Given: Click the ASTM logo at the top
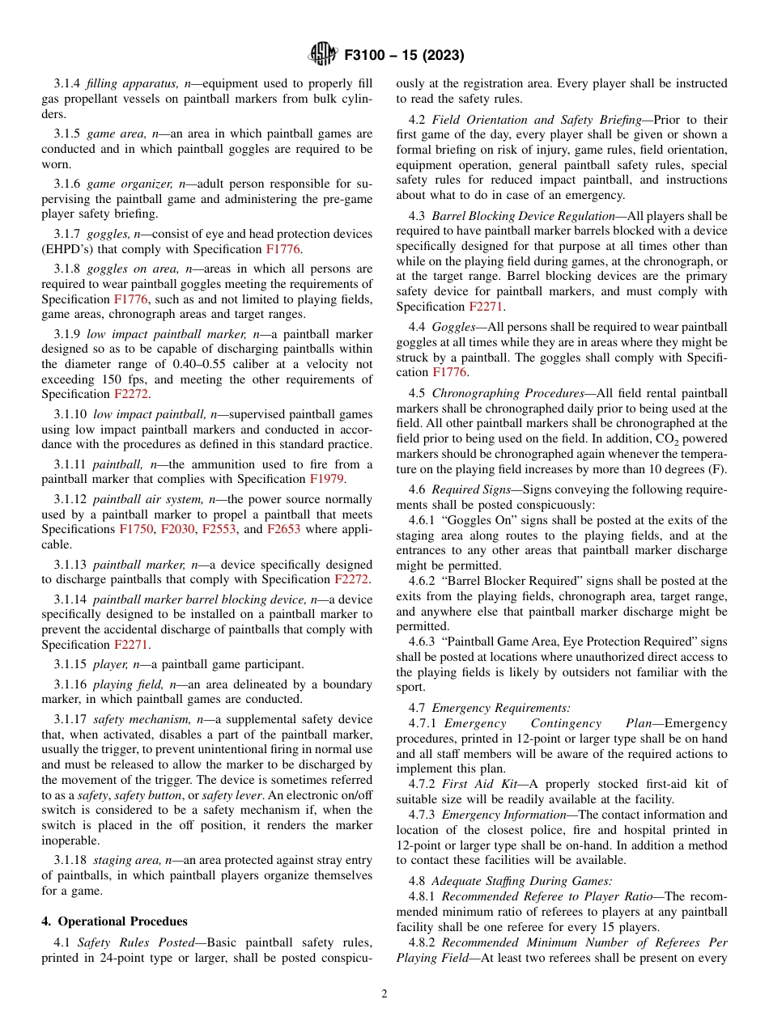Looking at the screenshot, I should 322,55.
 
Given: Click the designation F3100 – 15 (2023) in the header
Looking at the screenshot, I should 404,56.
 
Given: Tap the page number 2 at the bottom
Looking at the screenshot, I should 384,994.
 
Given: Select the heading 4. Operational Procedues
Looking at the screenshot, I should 114,921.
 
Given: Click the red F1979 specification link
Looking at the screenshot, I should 327,479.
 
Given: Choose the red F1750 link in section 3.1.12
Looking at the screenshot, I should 136,529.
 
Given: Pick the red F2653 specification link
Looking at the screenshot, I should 283,529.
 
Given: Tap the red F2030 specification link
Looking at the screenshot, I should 177,529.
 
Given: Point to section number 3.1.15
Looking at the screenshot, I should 68,664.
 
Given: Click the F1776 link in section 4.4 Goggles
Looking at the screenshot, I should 449,372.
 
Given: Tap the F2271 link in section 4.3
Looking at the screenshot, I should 486,307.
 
